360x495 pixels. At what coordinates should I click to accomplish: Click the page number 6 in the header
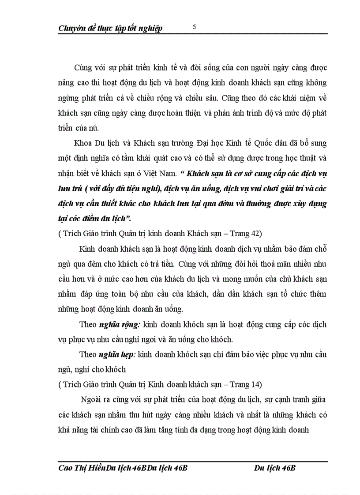pos(194,26)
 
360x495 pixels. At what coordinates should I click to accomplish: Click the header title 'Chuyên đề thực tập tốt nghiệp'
pos(110,29)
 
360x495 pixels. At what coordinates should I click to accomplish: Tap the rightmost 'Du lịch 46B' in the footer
pos(274,468)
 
